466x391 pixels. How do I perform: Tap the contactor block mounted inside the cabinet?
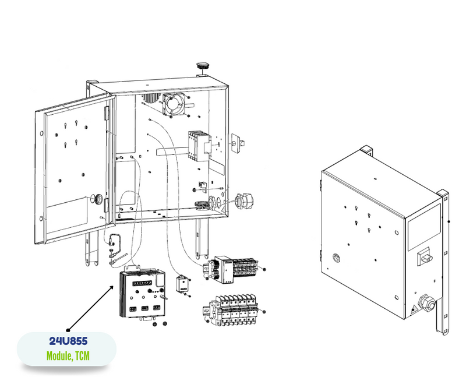click(197, 146)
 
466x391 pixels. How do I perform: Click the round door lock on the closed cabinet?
click(336, 257)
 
